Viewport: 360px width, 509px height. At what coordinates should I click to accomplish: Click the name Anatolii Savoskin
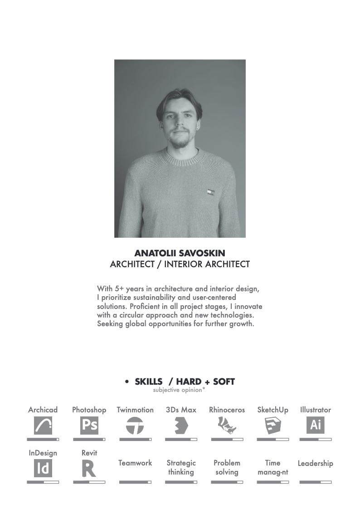[x=180, y=253]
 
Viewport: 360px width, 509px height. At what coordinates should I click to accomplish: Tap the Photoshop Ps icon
[x=89, y=425]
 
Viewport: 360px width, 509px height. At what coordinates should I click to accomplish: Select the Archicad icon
[x=43, y=425]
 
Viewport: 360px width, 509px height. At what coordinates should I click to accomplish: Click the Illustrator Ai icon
[x=315, y=425]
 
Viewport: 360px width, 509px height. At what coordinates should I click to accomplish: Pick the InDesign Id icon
[x=43, y=468]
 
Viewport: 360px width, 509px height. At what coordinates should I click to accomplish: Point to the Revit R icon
[x=89, y=468]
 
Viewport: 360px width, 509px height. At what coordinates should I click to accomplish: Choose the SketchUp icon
[x=272, y=426]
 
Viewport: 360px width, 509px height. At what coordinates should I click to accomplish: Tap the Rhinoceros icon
[x=227, y=426]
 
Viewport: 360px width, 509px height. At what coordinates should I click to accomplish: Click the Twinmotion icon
[x=135, y=426]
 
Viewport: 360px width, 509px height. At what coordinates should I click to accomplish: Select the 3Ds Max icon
[x=181, y=426]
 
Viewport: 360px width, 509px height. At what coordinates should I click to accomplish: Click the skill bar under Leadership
[x=316, y=482]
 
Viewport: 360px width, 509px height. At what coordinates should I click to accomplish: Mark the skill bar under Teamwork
[x=135, y=482]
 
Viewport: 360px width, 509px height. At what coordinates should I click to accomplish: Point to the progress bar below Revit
[x=89, y=482]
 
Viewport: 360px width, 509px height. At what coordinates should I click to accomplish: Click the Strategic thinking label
[x=181, y=467]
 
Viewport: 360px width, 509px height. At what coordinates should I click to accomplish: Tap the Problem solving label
[x=227, y=467]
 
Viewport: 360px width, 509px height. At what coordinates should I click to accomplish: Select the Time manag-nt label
[x=272, y=467]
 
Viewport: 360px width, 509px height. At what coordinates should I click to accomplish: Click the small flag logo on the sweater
[x=210, y=192]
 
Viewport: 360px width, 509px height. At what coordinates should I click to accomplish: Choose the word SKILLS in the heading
[x=149, y=382]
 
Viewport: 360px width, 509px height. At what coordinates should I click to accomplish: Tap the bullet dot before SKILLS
[x=127, y=382]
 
